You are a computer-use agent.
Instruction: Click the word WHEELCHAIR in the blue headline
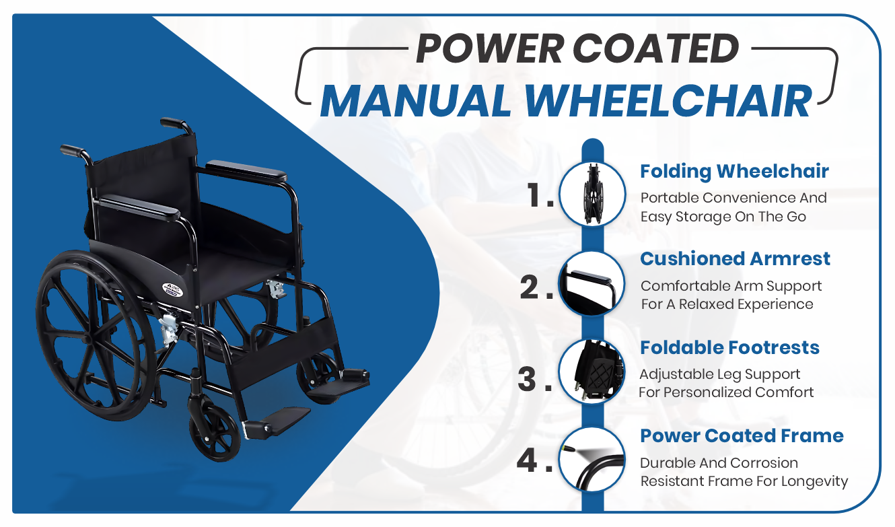pos(668,102)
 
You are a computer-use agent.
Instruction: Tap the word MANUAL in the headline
pos(416,102)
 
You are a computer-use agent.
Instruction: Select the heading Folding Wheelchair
pos(734,172)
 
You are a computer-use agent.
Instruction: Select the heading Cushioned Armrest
pos(735,259)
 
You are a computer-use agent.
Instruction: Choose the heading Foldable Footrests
pos(729,347)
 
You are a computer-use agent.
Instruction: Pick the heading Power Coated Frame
pos(742,436)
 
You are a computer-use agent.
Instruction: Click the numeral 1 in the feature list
pos(534,195)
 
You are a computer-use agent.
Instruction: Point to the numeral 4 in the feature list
pos(527,460)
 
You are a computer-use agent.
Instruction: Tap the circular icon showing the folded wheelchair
pos(592,195)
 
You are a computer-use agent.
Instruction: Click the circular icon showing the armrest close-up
pos(592,283)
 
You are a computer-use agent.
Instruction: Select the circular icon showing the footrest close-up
pos(592,372)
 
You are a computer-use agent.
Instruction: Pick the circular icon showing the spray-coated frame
pos(592,460)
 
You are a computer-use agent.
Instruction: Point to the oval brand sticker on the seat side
pos(172,289)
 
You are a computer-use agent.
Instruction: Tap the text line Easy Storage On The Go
pos(723,217)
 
